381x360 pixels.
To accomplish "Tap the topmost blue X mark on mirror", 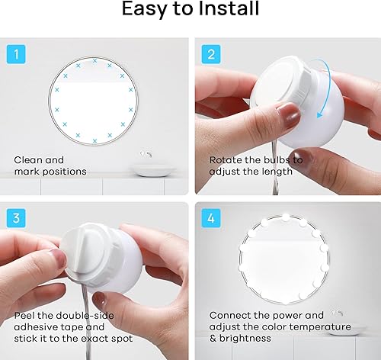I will pyautogui.click(x=95, y=59).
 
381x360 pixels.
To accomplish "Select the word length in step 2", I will pyautogui.click(x=276, y=171).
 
